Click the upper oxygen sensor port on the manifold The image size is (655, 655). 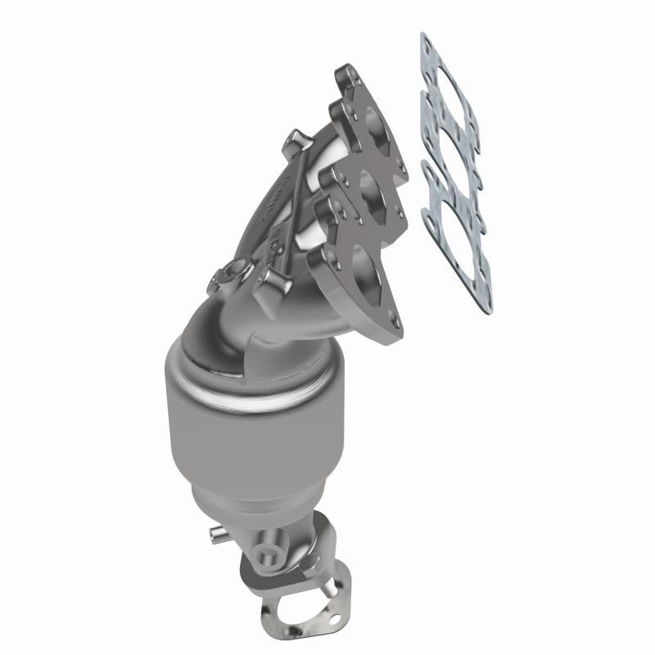237,269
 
